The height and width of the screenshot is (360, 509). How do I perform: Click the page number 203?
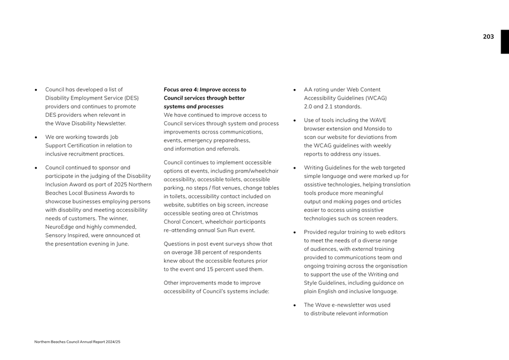tap(488, 37)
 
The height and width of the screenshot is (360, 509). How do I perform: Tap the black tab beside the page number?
tap(505, 42)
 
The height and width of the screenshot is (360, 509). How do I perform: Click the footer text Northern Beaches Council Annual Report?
tap(77, 342)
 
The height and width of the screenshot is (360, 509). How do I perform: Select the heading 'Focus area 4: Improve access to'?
tap(204, 89)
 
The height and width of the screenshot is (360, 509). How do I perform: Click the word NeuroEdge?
tap(62, 226)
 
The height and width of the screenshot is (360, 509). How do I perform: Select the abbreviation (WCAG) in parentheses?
tap(376, 98)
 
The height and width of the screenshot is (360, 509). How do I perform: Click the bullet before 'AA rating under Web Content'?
tap(295, 90)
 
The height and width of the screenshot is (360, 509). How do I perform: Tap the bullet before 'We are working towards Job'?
tap(36, 137)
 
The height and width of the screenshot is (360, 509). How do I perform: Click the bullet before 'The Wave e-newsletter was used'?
tap(295, 305)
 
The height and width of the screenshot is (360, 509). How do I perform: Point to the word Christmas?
tap(246, 213)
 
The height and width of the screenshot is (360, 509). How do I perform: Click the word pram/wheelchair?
tap(258, 171)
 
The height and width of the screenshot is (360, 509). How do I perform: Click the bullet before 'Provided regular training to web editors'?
tap(295, 233)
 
